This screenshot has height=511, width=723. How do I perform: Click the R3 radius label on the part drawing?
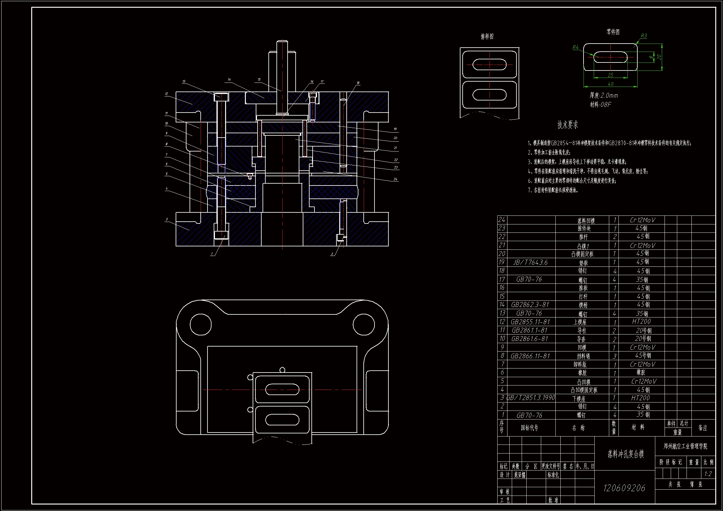coord(644,36)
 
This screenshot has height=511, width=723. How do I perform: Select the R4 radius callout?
coord(575,48)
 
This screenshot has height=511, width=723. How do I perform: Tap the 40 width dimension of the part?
coord(610,84)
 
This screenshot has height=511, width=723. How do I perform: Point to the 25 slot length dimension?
coord(610,75)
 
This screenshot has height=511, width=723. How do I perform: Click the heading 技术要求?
coord(567,125)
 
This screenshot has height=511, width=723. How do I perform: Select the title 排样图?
coord(487,37)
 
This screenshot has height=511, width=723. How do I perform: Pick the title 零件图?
coord(613,32)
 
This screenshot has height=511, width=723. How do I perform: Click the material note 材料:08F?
coord(600,104)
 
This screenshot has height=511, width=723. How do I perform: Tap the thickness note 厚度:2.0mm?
coord(604,96)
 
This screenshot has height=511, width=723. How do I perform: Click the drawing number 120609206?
coord(624,488)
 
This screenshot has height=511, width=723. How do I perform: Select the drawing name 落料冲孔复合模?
coord(625,454)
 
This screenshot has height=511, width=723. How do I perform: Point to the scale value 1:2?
coord(708,474)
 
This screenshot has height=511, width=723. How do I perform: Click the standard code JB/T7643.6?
coord(530,262)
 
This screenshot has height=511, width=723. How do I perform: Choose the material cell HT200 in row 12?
coord(641,322)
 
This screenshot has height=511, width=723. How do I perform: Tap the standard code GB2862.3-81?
coord(530,305)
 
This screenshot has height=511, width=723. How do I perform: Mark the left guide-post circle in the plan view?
coord(201,324)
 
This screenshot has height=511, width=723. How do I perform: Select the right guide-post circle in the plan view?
coord(364,324)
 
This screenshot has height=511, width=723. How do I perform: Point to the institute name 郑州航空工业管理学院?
coord(685,446)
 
